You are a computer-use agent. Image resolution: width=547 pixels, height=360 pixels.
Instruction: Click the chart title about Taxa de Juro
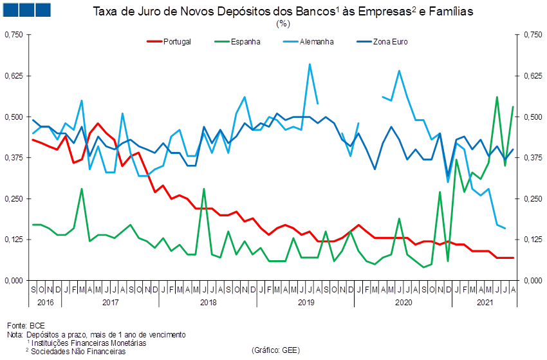[283, 12]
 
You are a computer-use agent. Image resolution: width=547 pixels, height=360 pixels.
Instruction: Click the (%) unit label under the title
[283, 24]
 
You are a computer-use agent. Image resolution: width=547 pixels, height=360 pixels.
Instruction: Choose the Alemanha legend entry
[316, 41]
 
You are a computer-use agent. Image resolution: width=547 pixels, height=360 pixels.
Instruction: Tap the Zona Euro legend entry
[390, 41]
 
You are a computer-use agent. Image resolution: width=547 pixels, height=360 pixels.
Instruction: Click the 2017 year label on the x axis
[111, 301]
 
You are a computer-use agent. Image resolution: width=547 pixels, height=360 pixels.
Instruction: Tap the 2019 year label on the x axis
[306, 301]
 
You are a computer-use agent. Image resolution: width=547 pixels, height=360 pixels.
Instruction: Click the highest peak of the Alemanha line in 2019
[310, 64]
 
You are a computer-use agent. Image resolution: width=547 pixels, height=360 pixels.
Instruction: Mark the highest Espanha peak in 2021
[497, 97]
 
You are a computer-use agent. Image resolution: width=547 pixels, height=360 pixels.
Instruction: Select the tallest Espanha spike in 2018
[204, 189]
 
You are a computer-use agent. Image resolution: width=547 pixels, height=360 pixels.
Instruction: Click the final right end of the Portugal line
[514, 258]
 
